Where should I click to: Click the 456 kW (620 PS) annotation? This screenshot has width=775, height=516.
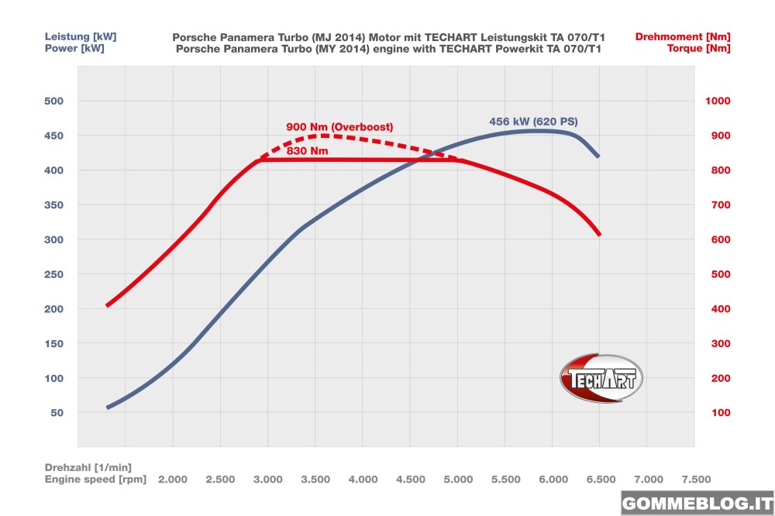pyautogui.click(x=533, y=122)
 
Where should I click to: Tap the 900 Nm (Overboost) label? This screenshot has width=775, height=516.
pyautogui.click(x=340, y=126)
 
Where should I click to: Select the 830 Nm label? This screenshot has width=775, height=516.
pyautogui.click(x=307, y=152)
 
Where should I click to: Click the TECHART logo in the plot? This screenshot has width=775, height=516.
pyautogui.click(x=601, y=378)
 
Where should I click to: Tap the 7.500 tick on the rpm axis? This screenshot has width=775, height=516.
pyautogui.click(x=695, y=480)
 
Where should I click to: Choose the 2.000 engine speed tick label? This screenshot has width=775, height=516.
pyautogui.click(x=173, y=480)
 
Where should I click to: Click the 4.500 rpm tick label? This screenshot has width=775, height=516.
pyautogui.click(x=410, y=480)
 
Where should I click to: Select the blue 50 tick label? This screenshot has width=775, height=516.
pyautogui.click(x=57, y=413)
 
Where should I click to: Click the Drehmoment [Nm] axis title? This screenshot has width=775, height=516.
pyautogui.click(x=682, y=36)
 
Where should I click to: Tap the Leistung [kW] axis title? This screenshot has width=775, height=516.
pyautogui.click(x=75, y=36)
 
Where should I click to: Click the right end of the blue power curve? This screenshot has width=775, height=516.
pyautogui.click(x=598, y=157)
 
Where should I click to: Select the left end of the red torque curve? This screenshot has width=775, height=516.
pyautogui.click(x=107, y=305)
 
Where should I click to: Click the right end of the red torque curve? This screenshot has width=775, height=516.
pyautogui.click(x=599, y=235)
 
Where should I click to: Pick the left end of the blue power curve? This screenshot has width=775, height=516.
pyautogui.click(x=107, y=408)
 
